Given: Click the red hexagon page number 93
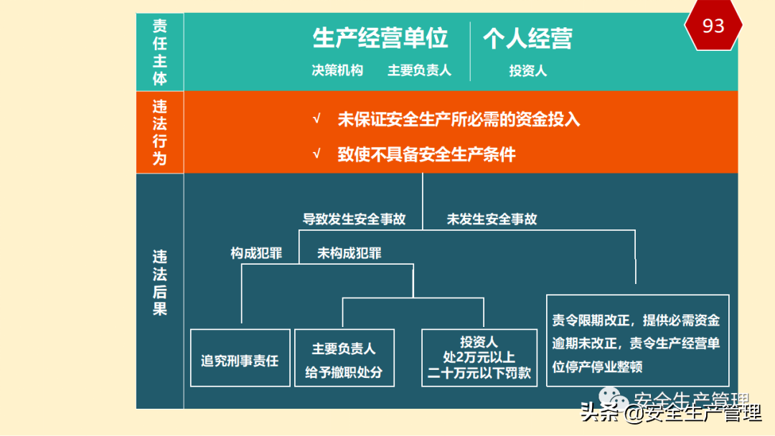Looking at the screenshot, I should tap(713, 27).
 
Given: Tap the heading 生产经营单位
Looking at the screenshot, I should tap(380, 38).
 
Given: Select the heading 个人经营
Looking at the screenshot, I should tap(527, 38).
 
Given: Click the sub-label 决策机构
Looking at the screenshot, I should tap(337, 70).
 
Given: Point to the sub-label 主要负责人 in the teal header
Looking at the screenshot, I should tap(420, 70).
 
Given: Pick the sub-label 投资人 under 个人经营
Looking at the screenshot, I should tap(528, 70).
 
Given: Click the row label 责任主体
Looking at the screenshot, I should tap(159, 52).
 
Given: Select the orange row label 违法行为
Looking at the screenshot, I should tap(159, 132).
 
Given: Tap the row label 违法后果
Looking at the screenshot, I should tap(159, 283).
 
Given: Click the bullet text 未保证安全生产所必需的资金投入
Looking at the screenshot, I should tap(459, 120).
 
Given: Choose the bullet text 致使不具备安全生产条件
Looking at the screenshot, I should tap(426, 154).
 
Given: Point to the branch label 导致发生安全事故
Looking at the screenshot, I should tap(354, 219).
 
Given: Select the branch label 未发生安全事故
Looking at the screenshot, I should tap(492, 219).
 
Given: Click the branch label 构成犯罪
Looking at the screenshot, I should tap(256, 253).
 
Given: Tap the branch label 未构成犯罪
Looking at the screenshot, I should tap(349, 253).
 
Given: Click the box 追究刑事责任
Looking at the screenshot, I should tap(240, 358).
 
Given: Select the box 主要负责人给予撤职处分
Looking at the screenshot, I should tap(344, 358).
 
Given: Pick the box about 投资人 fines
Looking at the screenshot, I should tap(479, 358).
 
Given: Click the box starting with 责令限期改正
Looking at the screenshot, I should tap(637, 341).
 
